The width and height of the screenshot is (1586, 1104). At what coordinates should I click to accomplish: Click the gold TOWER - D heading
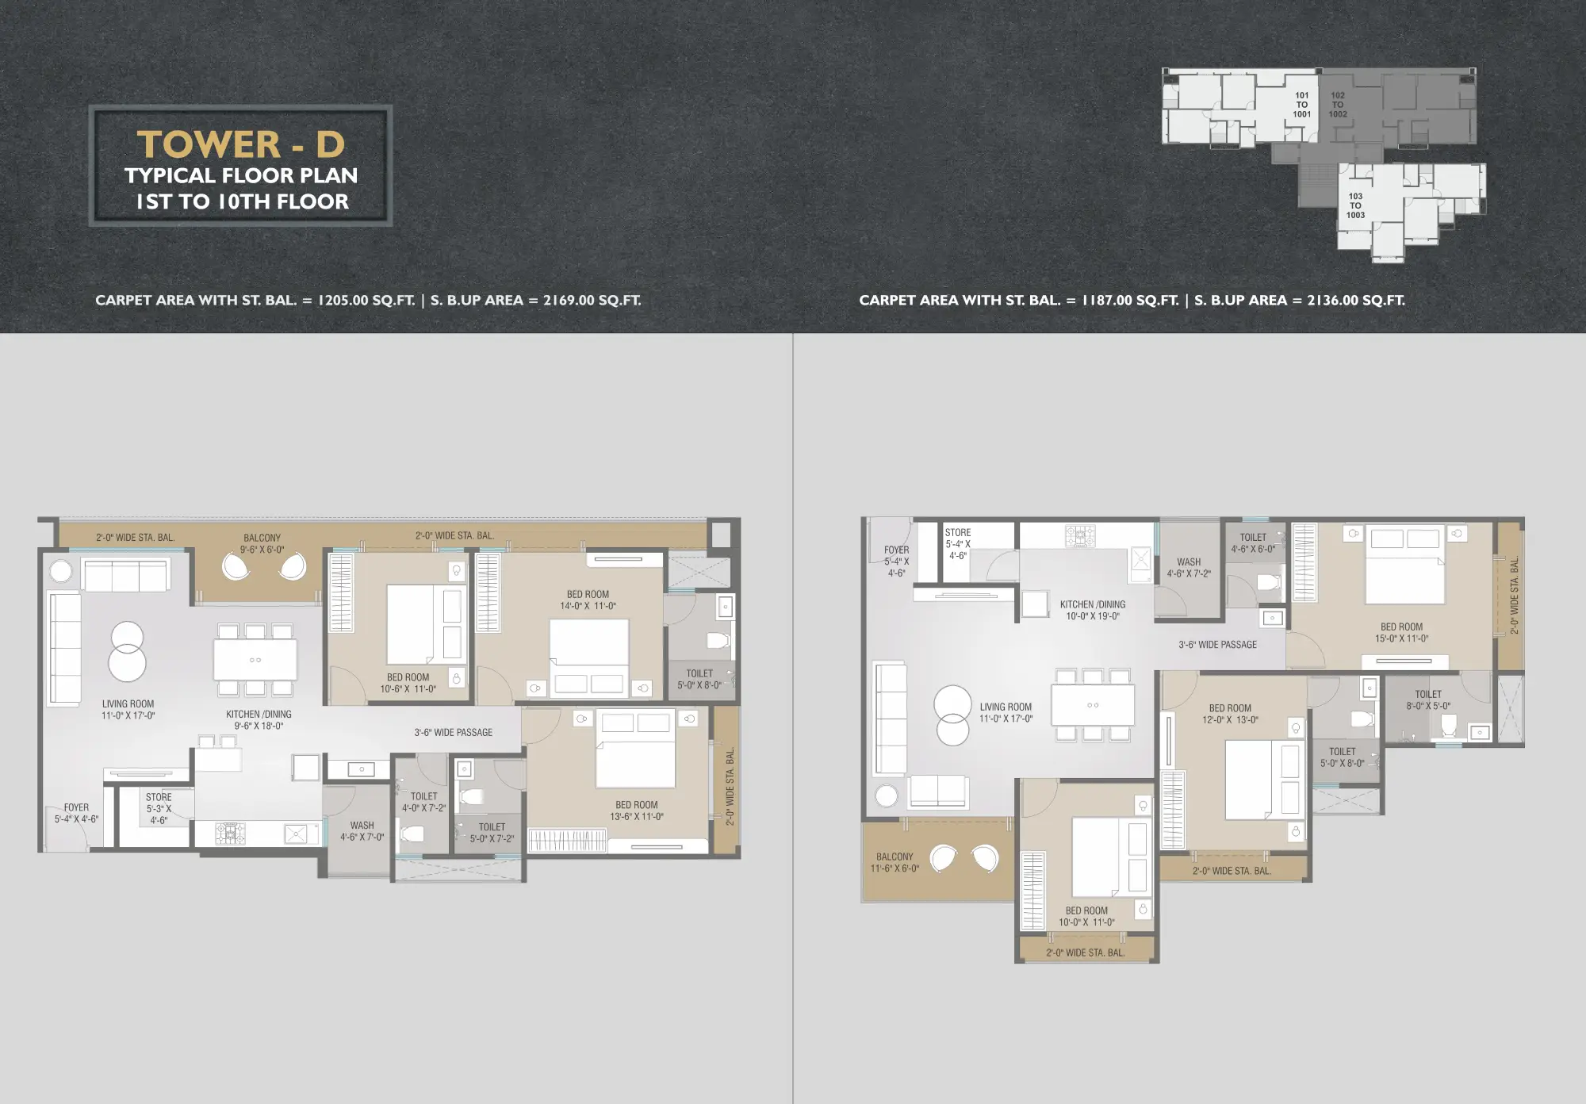click(241, 144)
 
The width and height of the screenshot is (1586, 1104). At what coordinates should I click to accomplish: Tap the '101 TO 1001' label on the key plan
click(1301, 105)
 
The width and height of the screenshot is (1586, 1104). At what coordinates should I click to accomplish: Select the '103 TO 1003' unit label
click(1355, 205)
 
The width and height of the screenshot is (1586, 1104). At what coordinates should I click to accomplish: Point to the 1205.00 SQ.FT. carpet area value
click(366, 301)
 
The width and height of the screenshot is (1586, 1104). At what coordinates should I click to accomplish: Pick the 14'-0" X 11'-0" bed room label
click(588, 600)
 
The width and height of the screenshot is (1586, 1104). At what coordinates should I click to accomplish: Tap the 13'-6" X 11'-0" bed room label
click(636, 811)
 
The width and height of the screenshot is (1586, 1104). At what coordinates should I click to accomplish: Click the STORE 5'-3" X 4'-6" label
click(159, 808)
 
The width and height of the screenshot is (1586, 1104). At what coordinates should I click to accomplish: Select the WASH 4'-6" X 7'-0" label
click(362, 831)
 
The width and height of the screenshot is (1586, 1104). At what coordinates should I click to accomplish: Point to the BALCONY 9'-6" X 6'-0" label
click(262, 543)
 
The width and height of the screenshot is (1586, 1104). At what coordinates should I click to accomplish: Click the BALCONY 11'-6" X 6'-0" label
click(895, 862)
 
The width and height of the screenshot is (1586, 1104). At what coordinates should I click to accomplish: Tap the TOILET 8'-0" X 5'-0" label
click(1428, 700)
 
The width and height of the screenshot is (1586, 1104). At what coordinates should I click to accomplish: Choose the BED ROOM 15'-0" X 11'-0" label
click(1401, 632)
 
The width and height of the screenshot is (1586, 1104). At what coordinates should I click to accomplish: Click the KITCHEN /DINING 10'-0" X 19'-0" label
click(1093, 610)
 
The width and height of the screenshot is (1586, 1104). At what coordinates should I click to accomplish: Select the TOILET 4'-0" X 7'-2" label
click(423, 802)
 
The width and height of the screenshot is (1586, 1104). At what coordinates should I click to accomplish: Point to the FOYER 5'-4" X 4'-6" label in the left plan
click(76, 813)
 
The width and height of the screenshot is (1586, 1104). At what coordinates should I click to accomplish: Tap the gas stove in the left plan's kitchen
click(231, 833)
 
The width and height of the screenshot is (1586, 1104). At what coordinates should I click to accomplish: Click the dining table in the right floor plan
click(1093, 704)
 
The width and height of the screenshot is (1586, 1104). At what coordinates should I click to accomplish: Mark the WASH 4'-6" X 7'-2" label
click(1189, 567)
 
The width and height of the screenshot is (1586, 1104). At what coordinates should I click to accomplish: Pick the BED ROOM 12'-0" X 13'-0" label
click(1230, 714)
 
